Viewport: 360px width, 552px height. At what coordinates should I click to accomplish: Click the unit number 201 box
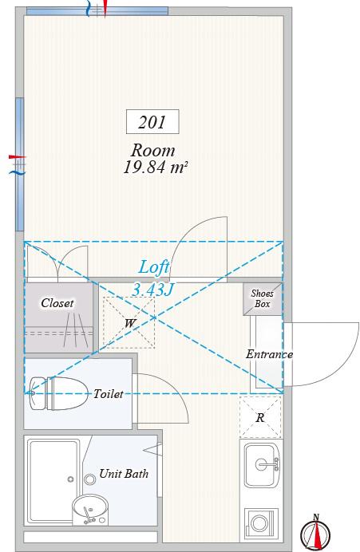[x=152, y=121]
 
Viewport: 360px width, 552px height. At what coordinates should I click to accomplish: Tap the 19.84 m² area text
[x=155, y=168]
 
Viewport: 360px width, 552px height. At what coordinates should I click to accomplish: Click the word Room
[x=153, y=150]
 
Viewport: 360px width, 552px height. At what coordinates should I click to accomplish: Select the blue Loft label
[x=154, y=267]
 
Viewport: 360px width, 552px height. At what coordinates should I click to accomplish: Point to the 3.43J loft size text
[x=153, y=290]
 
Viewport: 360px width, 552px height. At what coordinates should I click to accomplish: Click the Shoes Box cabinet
[x=263, y=298]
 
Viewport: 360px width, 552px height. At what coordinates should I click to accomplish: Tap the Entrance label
[x=269, y=354]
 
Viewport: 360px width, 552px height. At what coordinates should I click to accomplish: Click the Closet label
[x=57, y=303]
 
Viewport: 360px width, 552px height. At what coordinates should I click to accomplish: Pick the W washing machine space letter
[x=129, y=323]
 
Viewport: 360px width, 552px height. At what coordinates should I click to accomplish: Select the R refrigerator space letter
[x=260, y=418]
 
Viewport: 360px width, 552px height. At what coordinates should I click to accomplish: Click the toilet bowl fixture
[x=58, y=393]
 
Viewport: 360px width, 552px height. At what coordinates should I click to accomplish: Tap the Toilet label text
[x=108, y=393]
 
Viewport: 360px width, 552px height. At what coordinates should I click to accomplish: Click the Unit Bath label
[x=124, y=474]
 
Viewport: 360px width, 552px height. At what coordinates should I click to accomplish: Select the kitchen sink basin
[x=262, y=464]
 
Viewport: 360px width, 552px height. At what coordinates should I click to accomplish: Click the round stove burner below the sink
[x=259, y=523]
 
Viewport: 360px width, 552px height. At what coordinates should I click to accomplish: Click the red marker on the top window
[x=105, y=9]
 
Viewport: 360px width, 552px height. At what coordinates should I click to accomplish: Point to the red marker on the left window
[x=18, y=157]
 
